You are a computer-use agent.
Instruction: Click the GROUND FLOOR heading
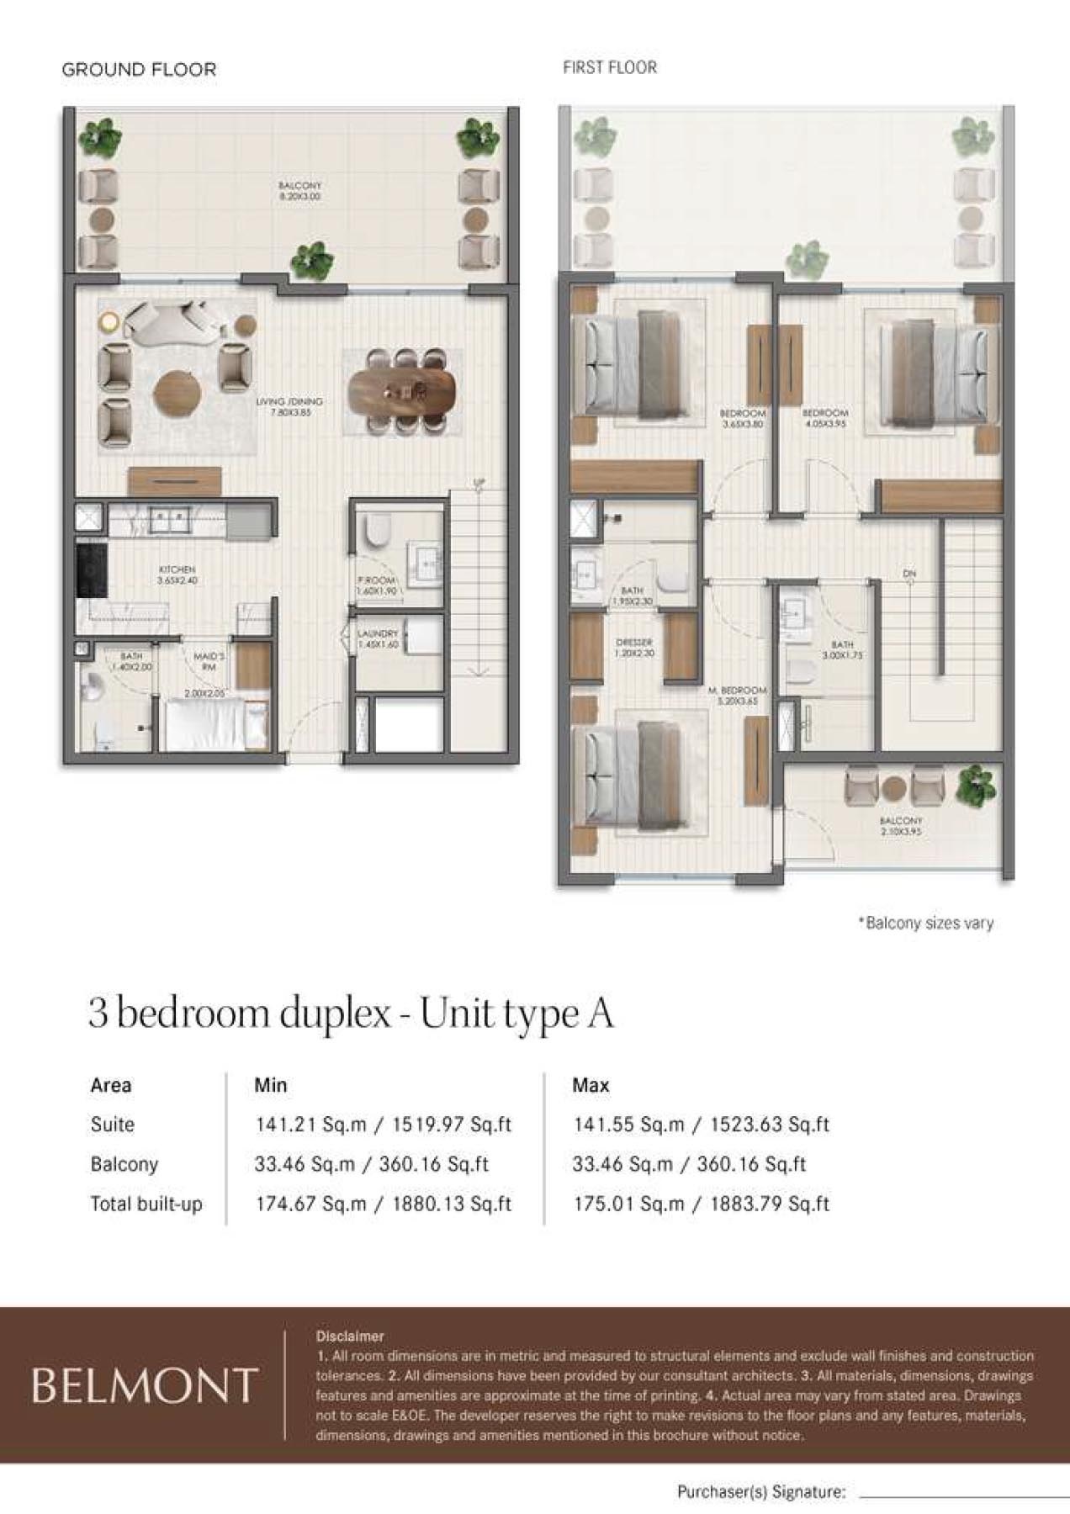pyautogui.click(x=139, y=70)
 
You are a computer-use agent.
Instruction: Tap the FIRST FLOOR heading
pyautogui.click(x=609, y=67)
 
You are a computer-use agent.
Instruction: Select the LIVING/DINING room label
pyautogui.click(x=289, y=407)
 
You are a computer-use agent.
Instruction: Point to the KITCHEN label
pyautogui.click(x=177, y=574)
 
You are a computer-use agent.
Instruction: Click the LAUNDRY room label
pyautogui.click(x=377, y=638)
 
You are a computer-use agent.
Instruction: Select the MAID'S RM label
pyautogui.click(x=209, y=661)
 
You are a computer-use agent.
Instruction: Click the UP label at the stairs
pyautogui.click(x=479, y=483)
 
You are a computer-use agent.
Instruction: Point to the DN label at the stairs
pyautogui.click(x=909, y=574)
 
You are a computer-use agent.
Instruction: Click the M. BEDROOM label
pyautogui.click(x=737, y=695)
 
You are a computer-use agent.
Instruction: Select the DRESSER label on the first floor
pyautogui.click(x=633, y=647)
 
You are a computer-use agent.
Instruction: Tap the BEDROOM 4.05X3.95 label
pyautogui.click(x=824, y=418)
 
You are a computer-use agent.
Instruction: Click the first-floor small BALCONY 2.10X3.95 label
pyautogui.click(x=900, y=825)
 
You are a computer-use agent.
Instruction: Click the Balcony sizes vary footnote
pyautogui.click(x=925, y=924)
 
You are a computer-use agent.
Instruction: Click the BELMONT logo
pyautogui.click(x=144, y=1385)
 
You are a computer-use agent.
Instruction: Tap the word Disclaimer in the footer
pyautogui.click(x=350, y=1336)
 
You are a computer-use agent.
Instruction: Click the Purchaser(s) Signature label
pyautogui.click(x=760, y=1492)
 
